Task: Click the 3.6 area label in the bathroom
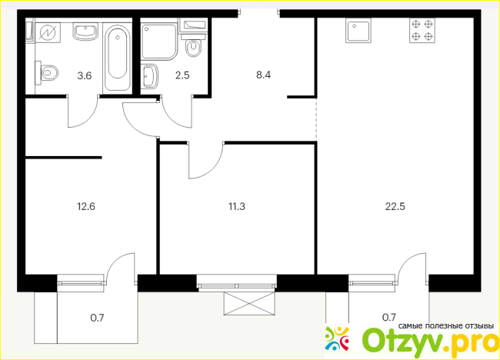(x=85, y=76)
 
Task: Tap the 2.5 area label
(x=182, y=75)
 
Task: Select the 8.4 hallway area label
(x=263, y=75)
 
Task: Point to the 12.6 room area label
(x=86, y=206)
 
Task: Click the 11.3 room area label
(x=237, y=206)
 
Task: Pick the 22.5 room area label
(x=395, y=206)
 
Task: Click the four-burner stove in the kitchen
(x=422, y=30)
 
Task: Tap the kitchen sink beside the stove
(x=358, y=30)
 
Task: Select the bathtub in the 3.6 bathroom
(x=118, y=58)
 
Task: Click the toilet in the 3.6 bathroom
(x=47, y=73)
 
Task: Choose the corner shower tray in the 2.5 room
(x=159, y=42)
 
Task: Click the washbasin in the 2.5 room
(x=149, y=76)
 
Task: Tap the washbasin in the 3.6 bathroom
(x=85, y=32)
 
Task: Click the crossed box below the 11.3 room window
(x=249, y=304)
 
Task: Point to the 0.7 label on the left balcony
(x=97, y=318)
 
